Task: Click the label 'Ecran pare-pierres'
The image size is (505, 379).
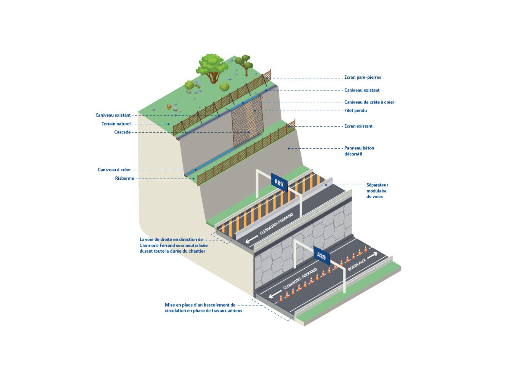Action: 362,77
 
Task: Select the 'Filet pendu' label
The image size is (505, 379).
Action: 356,111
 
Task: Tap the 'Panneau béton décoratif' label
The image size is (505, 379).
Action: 359,151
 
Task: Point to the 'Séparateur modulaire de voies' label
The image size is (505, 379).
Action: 377,191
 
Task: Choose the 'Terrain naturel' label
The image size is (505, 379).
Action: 116,124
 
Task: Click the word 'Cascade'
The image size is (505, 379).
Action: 122,132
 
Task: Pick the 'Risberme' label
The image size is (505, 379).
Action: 125,179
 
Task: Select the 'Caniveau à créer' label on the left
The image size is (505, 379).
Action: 114,170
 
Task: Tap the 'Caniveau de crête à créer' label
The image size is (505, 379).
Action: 369,102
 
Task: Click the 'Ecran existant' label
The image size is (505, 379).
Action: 358,126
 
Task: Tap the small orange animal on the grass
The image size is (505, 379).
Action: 169,106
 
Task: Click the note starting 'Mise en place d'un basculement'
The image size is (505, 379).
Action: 203,308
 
